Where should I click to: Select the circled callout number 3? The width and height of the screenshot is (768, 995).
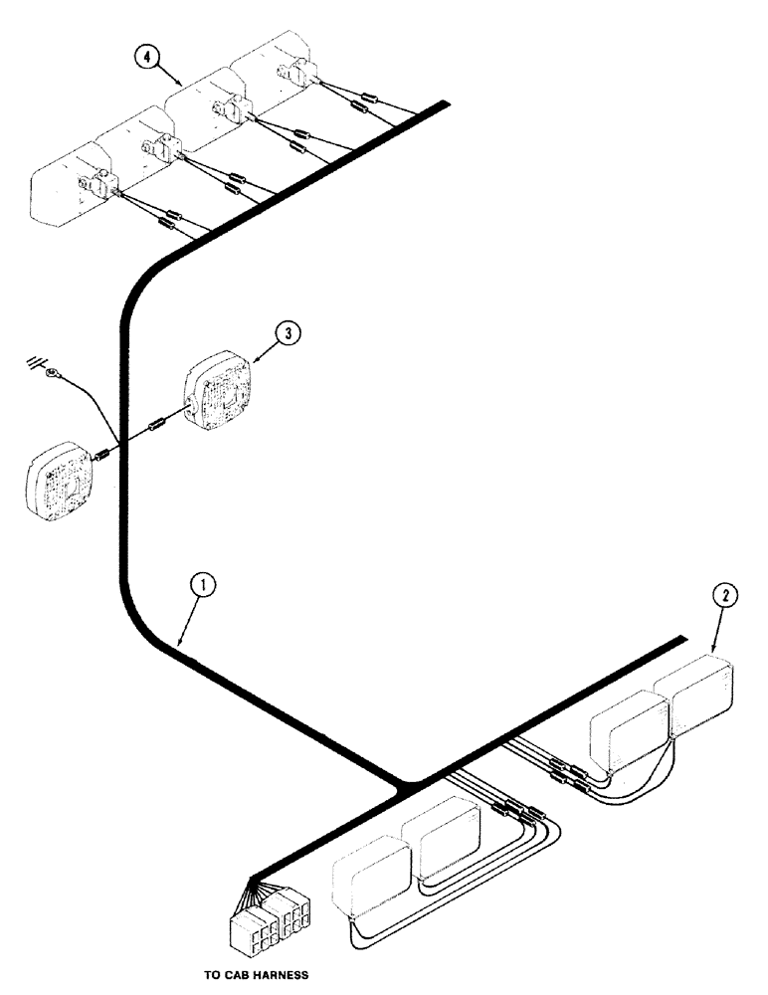click(x=287, y=334)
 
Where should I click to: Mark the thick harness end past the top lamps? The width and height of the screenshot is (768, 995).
click(x=445, y=103)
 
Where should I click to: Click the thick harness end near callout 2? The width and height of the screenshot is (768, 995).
click(x=681, y=638)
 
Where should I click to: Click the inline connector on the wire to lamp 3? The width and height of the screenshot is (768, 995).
click(x=154, y=429)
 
